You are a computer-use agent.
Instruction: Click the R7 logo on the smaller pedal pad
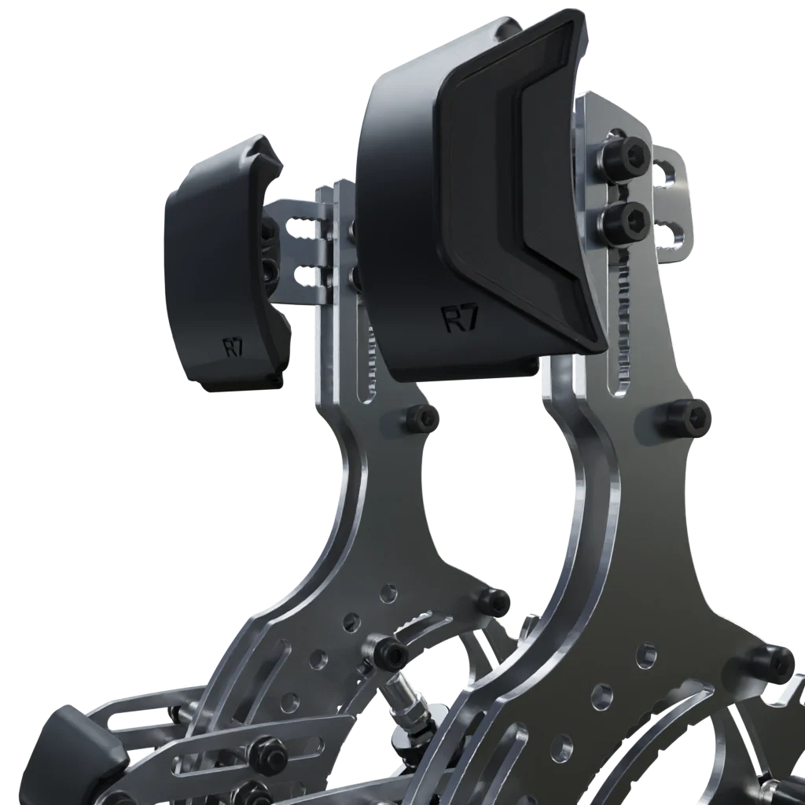[234, 347]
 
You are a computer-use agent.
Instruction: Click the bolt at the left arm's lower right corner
[494, 601]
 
